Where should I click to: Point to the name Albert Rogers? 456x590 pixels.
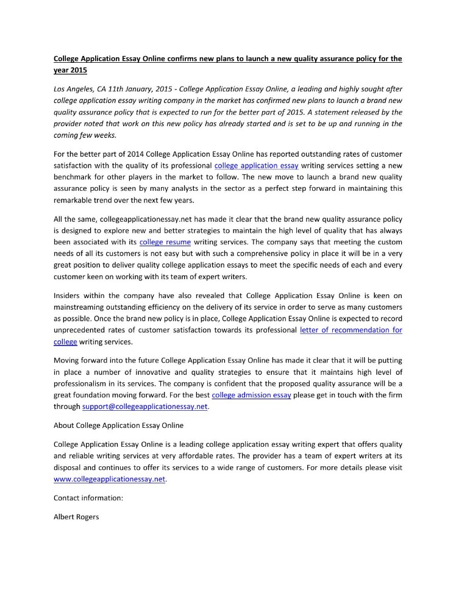(76, 516)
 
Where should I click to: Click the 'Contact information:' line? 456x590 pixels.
(88, 497)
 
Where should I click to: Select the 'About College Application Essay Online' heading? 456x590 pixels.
(118, 424)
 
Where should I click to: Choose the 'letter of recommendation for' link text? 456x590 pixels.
(351, 330)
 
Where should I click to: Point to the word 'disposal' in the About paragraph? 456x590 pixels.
(70, 468)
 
